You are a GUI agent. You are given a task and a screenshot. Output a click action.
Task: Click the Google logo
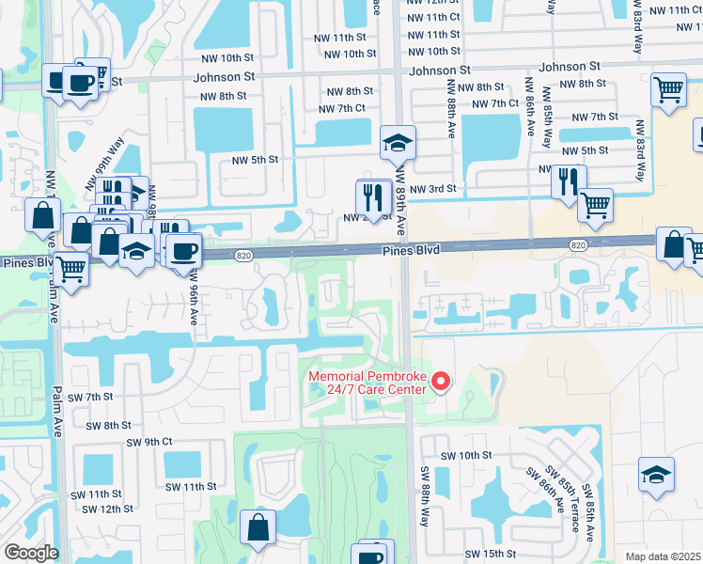coord(30,553)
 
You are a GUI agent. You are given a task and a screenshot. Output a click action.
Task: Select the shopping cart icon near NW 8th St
coord(667,90)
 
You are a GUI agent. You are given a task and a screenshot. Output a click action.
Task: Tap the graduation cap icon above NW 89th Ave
coord(398,144)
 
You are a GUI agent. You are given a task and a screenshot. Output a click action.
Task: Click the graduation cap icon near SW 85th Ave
coord(656,475)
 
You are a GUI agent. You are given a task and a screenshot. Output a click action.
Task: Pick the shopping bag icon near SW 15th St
coord(258,528)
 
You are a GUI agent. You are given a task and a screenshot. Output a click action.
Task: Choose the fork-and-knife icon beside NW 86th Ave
coord(569,180)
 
